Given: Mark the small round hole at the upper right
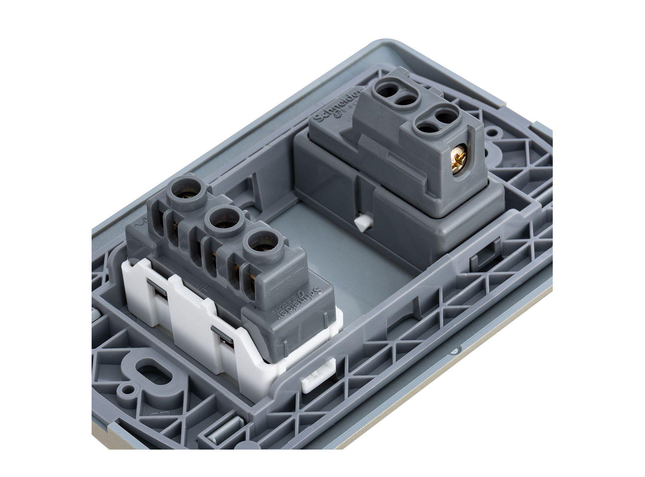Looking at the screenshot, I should (x=492, y=132).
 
